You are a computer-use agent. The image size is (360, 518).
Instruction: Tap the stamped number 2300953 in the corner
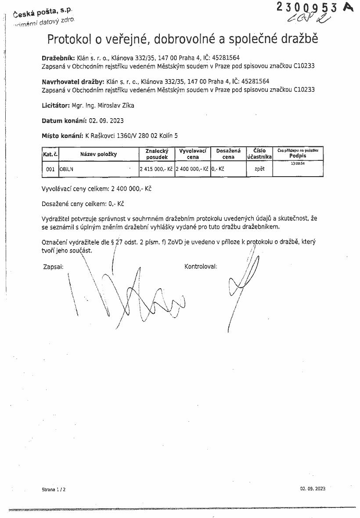[x=307, y=7]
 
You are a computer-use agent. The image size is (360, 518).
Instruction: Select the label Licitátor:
[x=56, y=105]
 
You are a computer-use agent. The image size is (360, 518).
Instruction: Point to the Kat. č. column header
[x=50, y=154]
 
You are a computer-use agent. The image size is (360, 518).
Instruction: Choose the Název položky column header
[x=98, y=154]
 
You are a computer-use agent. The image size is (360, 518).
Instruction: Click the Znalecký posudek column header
[x=157, y=154]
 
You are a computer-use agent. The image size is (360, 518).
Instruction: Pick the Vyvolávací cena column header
[x=193, y=154]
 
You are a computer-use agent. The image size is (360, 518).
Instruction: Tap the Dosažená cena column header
[x=228, y=154]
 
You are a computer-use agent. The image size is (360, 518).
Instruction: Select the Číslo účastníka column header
[x=259, y=154]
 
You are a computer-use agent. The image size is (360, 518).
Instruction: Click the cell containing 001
[x=50, y=169]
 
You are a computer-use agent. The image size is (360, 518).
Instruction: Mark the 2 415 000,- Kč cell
[x=157, y=169]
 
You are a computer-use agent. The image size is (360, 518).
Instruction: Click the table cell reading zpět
[x=259, y=169]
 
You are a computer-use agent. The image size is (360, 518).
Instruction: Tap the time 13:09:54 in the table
[x=298, y=163]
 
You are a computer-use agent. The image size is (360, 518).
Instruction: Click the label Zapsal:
[x=54, y=266]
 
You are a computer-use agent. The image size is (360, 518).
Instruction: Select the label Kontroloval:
[x=201, y=266]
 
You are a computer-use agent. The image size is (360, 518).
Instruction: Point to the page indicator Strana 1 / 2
[x=54, y=489]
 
